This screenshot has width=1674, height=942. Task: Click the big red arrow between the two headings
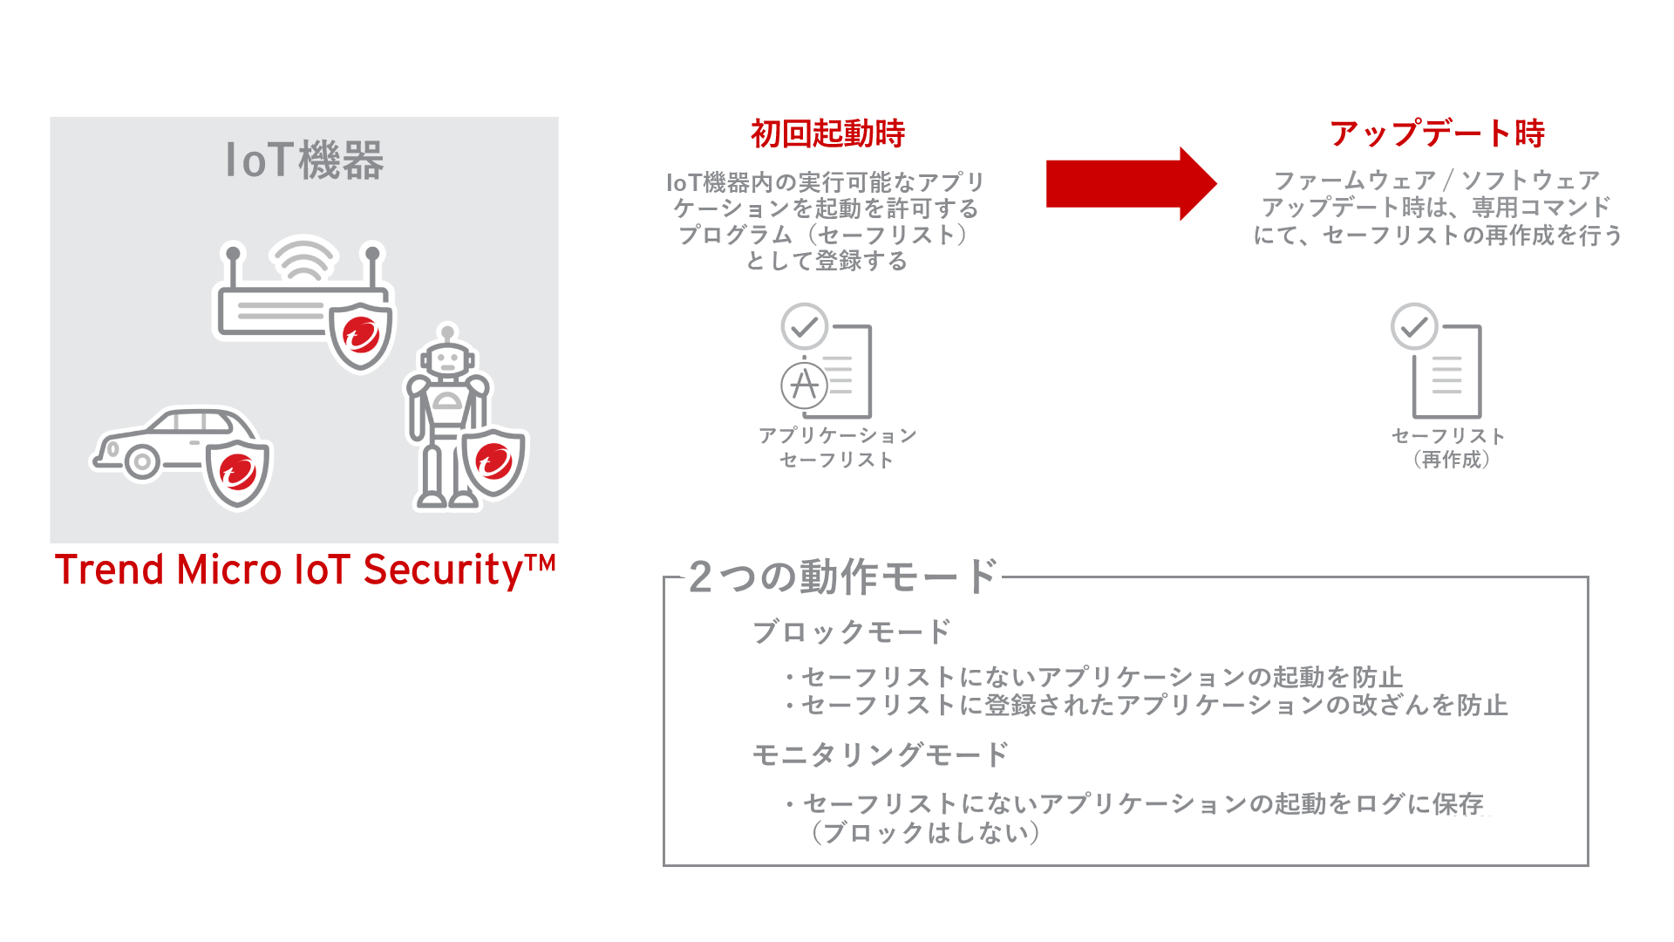(x=1129, y=184)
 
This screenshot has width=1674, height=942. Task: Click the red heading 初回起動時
(x=827, y=134)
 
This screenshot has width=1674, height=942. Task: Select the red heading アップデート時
(x=1437, y=134)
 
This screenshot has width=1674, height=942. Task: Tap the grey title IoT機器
(x=304, y=160)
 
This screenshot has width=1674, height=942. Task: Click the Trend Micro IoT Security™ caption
(x=304, y=570)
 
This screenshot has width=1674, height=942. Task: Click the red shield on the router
(x=361, y=334)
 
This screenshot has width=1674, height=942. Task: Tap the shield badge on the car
(x=238, y=472)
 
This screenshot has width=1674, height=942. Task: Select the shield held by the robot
(x=493, y=461)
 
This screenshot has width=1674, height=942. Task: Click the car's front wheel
(x=142, y=461)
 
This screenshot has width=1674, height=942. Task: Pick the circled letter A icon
(x=804, y=385)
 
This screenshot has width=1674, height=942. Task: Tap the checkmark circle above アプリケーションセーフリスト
(x=804, y=326)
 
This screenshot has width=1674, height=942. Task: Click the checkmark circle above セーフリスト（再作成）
(x=1413, y=326)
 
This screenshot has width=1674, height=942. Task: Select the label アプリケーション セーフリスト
(x=837, y=447)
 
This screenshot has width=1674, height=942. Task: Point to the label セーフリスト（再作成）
(x=1448, y=447)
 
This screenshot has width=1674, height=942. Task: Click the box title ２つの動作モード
(x=842, y=577)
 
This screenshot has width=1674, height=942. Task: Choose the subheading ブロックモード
(x=851, y=631)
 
